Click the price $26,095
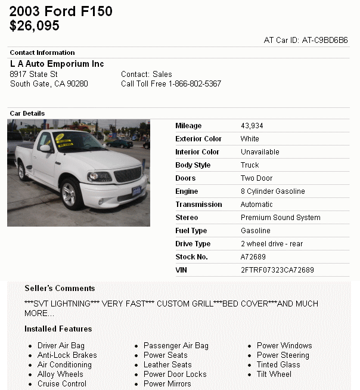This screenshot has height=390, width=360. pos(35,26)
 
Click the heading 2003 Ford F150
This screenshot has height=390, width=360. pos(61,11)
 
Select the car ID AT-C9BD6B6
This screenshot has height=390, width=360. pos(325,41)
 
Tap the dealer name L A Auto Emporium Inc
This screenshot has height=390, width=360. pos(57,64)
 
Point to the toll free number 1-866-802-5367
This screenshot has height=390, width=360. pos(195,84)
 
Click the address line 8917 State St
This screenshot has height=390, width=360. pos(34,75)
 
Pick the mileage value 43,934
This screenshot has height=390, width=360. pos(252,126)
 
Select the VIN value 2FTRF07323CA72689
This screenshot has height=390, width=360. pos(277,270)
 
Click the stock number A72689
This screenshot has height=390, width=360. pos(253,257)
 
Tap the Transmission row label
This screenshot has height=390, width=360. pos(198,205)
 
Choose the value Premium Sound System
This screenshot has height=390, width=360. pos(281,218)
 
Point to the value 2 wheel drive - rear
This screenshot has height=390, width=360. pos(272,244)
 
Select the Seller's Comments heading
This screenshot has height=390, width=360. pos(60,289)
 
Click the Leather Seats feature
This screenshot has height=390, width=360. pos(167,365)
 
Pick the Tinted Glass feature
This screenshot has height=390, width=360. pos(278,365)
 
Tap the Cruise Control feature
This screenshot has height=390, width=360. pos(62,384)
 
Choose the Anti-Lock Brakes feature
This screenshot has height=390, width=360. pos(67,355)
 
